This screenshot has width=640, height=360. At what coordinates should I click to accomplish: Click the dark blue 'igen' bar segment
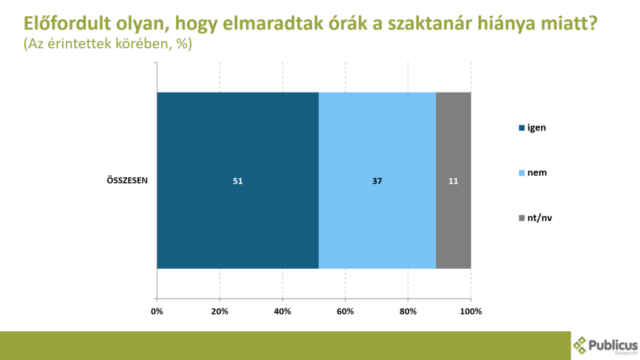tap(238, 181)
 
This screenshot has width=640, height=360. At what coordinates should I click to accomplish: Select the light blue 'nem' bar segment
tap(377, 181)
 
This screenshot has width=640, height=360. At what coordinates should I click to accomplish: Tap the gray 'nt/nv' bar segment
tap(454, 181)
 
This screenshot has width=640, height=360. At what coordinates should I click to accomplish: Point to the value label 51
tap(237, 181)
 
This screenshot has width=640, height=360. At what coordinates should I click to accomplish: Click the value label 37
tap(377, 181)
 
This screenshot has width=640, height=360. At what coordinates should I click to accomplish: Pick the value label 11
tap(454, 181)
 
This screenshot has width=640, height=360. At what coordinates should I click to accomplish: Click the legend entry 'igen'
tap(532, 127)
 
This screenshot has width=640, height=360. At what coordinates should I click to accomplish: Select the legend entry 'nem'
tap(532, 172)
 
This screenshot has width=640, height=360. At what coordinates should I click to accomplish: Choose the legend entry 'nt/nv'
tap(536, 218)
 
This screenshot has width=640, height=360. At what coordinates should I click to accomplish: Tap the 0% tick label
tap(157, 311)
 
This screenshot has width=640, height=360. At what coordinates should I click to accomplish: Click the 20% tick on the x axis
tap(219, 311)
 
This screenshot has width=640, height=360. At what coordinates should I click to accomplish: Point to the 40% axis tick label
tap(282, 311)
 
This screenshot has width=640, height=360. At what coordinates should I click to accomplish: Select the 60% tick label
tap(345, 311)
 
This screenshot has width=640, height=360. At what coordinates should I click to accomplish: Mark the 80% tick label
tap(407, 311)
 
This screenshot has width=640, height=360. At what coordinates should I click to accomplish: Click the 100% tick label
tap(471, 311)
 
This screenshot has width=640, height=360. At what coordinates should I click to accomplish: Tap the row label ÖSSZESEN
tap(127, 181)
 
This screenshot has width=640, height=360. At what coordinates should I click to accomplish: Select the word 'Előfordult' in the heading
tap(66, 23)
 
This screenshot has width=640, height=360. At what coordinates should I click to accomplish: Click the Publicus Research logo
tap(605, 346)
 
